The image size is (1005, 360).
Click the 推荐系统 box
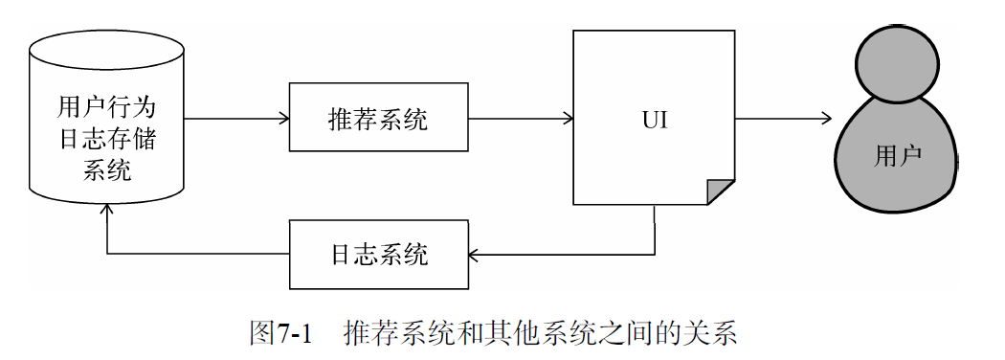[x=378, y=119]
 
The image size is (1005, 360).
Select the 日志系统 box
[x=378, y=255]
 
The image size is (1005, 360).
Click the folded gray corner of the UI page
[x=722, y=192]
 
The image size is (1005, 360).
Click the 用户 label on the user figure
[x=898, y=156]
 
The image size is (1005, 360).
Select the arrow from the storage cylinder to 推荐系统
[x=235, y=119]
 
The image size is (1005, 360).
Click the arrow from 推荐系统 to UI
[x=521, y=119]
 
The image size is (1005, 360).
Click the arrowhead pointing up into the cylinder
[x=107, y=208]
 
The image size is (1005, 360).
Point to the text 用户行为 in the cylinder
[x=106, y=105]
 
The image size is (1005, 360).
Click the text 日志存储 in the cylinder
[x=106, y=139]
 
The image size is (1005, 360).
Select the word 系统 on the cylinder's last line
[x=106, y=171]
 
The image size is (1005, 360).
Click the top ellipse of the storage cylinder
[x=106, y=45]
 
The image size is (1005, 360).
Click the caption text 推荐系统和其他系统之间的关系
[x=541, y=333]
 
